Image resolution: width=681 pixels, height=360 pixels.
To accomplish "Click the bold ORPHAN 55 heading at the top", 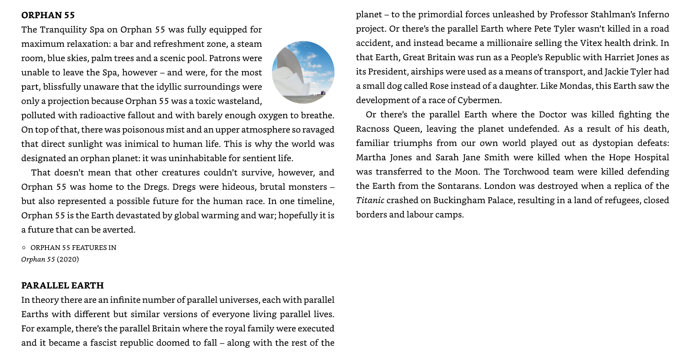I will [x=48, y=15].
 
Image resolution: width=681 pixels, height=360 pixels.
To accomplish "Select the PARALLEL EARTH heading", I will [x=62, y=285].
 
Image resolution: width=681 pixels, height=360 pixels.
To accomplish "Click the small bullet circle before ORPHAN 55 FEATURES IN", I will [x=24, y=248].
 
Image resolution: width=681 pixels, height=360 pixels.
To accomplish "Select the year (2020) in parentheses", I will [x=68, y=259].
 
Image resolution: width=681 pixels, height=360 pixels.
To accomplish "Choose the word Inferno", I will [x=653, y=14].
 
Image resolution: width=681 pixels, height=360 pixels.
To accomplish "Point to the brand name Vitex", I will [x=589, y=43].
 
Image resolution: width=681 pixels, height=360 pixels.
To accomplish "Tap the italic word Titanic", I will [x=370, y=200].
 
